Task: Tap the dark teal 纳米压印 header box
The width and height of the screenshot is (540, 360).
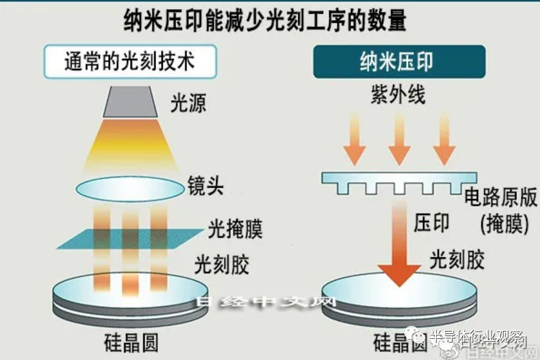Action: pyautogui.click(x=399, y=62)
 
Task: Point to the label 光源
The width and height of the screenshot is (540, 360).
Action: pyautogui.click(x=188, y=104)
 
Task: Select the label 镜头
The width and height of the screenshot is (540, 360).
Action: pyautogui.click(x=206, y=186)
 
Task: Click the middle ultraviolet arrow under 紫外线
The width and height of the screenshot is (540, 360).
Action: pyautogui.click(x=399, y=139)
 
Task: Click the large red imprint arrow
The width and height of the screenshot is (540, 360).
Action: pyautogui.click(x=399, y=246)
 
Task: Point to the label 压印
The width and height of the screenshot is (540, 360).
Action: pyautogui.click(x=432, y=222)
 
